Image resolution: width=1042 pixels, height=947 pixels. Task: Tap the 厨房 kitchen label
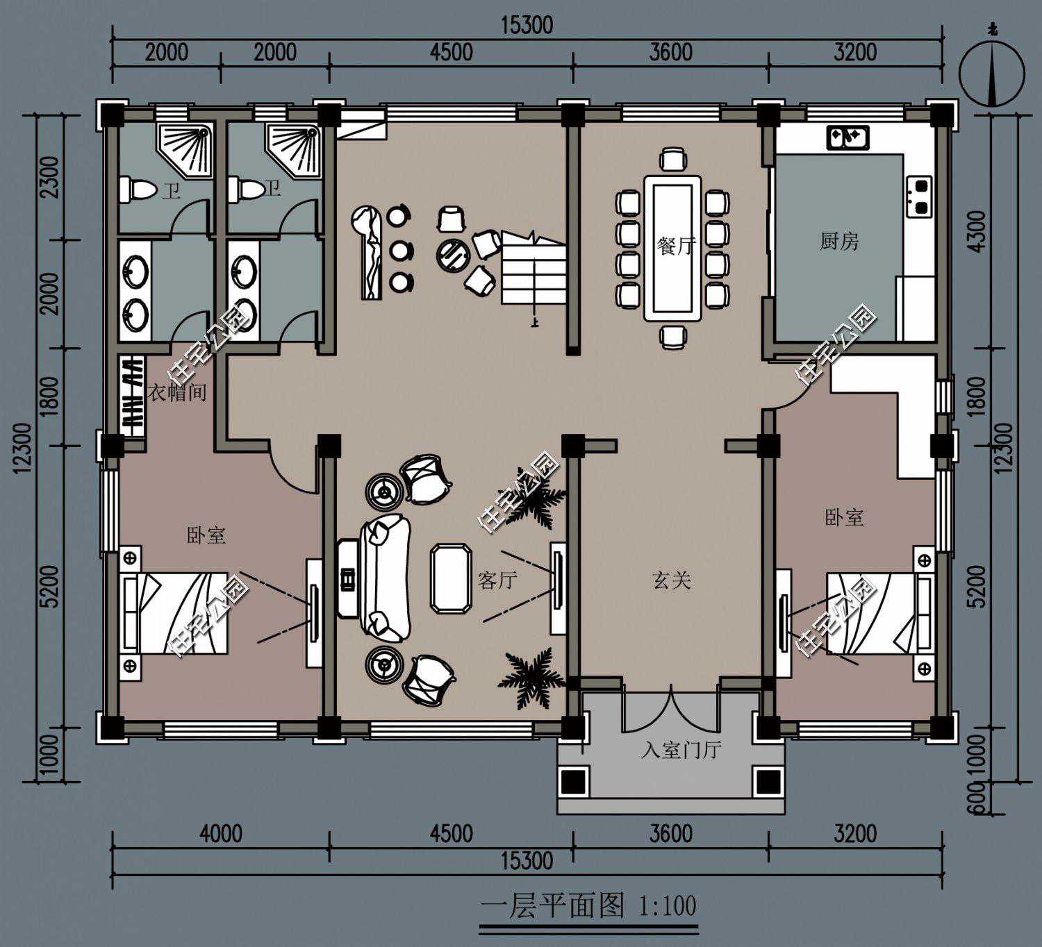[x=839, y=242]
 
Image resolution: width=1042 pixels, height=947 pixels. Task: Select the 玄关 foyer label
[x=672, y=580]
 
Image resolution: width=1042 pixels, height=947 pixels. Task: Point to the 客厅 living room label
[x=497, y=580]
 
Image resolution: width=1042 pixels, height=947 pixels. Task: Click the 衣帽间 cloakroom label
[x=177, y=392]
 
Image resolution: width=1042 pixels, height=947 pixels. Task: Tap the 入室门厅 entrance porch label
[x=681, y=749]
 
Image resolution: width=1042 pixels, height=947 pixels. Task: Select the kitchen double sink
[x=847, y=137]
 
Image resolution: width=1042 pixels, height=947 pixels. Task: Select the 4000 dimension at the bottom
[x=221, y=833]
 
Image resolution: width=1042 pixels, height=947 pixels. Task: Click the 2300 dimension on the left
[x=52, y=177]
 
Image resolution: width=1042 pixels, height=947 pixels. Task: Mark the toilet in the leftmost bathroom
[x=137, y=190]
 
